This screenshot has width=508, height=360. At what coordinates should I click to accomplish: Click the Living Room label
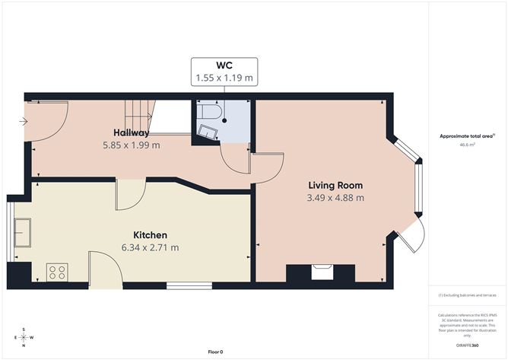(335, 185)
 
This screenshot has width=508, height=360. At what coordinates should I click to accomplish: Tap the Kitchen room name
(150, 234)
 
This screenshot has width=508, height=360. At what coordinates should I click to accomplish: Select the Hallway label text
(131, 132)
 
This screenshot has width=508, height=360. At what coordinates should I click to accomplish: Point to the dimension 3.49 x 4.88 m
(335, 198)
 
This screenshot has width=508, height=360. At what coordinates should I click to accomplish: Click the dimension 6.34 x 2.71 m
(150, 247)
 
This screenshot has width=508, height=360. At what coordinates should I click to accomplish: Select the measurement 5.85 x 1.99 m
(131, 145)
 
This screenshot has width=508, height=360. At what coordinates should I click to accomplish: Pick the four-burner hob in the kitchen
(57, 272)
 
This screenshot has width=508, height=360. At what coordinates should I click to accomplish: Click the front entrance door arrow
(25, 121)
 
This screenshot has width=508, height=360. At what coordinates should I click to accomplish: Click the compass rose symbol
(24, 337)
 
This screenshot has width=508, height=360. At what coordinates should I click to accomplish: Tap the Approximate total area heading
(465, 136)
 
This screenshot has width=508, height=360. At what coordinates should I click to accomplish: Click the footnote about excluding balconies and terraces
(467, 295)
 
